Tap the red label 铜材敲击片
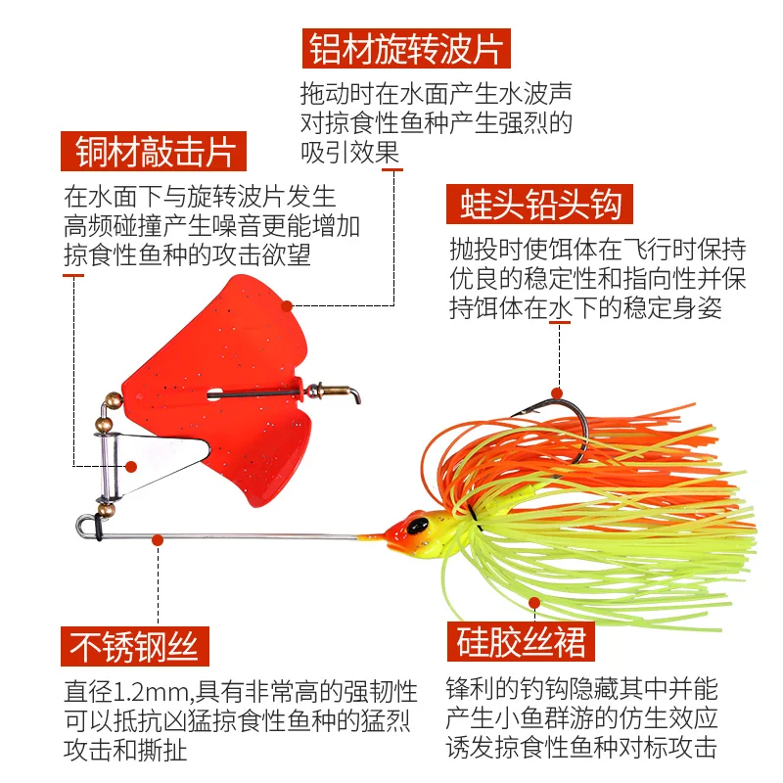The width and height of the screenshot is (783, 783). [155, 152]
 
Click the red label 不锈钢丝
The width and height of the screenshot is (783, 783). [134, 646]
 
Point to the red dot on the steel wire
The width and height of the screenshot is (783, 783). [157, 537]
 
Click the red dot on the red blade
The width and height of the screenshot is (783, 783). [287, 304]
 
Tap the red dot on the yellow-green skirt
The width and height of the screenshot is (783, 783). [533, 603]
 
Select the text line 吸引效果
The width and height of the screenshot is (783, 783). [349, 153]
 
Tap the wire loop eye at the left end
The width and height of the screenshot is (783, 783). [83, 526]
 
